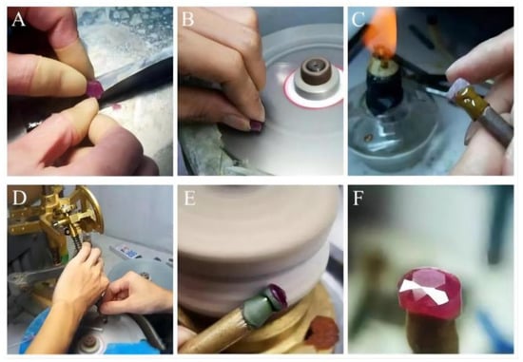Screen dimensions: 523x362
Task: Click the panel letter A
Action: pyautogui.click(x=18, y=19)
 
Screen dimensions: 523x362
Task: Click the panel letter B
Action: pyautogui.click(x=187, y=19)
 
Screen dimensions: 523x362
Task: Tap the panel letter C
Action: pyautogui.click(x=358, y=19)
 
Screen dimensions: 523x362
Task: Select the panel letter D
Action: pyautogui.click(x=19, y=198)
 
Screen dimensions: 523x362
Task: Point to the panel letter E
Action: pyautogui.click(x=190, y=198)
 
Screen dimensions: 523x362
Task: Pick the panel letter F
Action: pyautogui.click(x=358, y=198)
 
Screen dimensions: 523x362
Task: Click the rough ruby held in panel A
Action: pyautogui.click(x=96, y=88)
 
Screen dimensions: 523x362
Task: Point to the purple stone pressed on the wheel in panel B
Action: pyautogui.click(x=257, y=126)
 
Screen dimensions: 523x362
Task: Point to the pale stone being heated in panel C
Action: pyautogui.click(x=455, y=89)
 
